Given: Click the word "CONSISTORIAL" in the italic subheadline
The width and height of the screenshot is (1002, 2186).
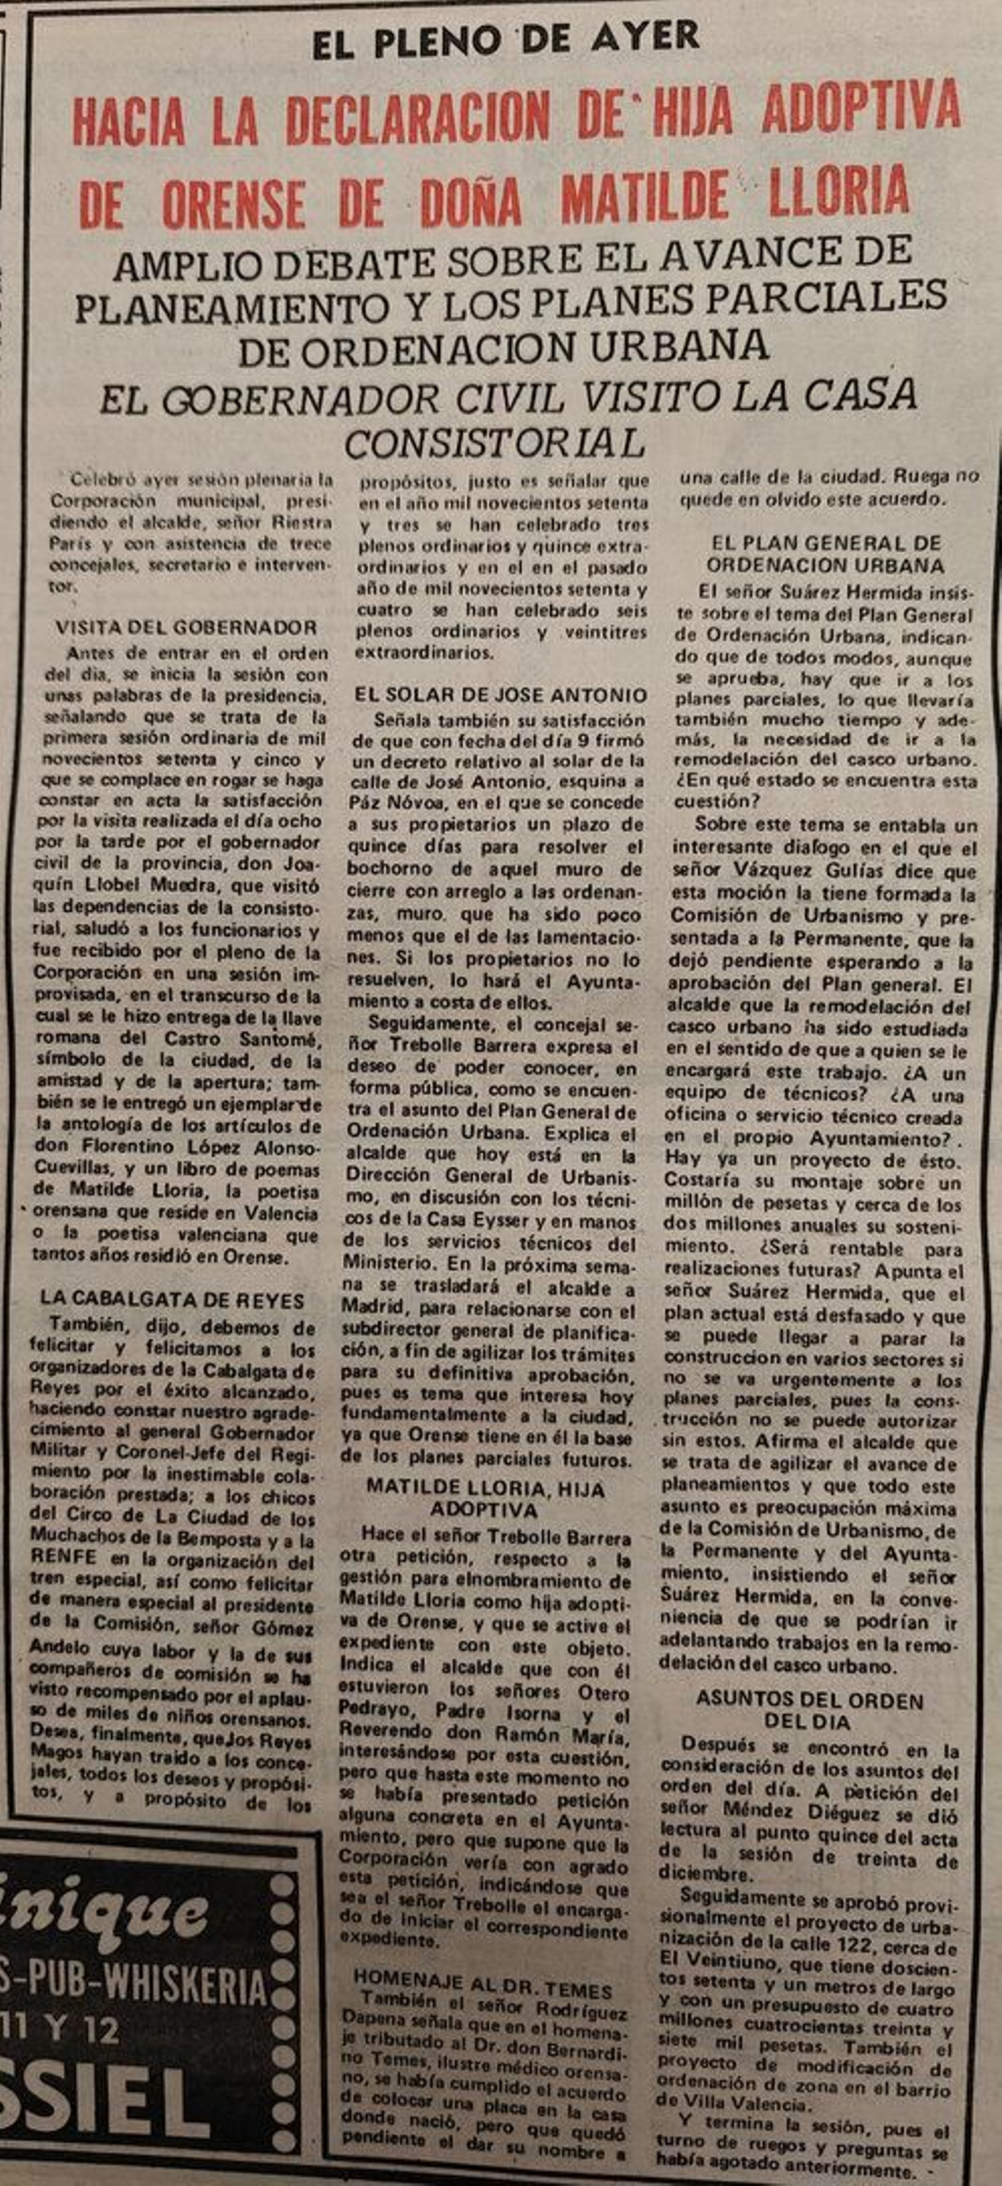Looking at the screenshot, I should (x=495, y=442).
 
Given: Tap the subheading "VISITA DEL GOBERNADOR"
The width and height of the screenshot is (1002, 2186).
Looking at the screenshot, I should (x=186, y=628).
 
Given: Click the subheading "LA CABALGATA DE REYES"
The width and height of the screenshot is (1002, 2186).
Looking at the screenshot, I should (x=172, y=1299).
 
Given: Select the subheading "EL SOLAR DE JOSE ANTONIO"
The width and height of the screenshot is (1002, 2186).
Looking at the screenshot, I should (x=500, y=695).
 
